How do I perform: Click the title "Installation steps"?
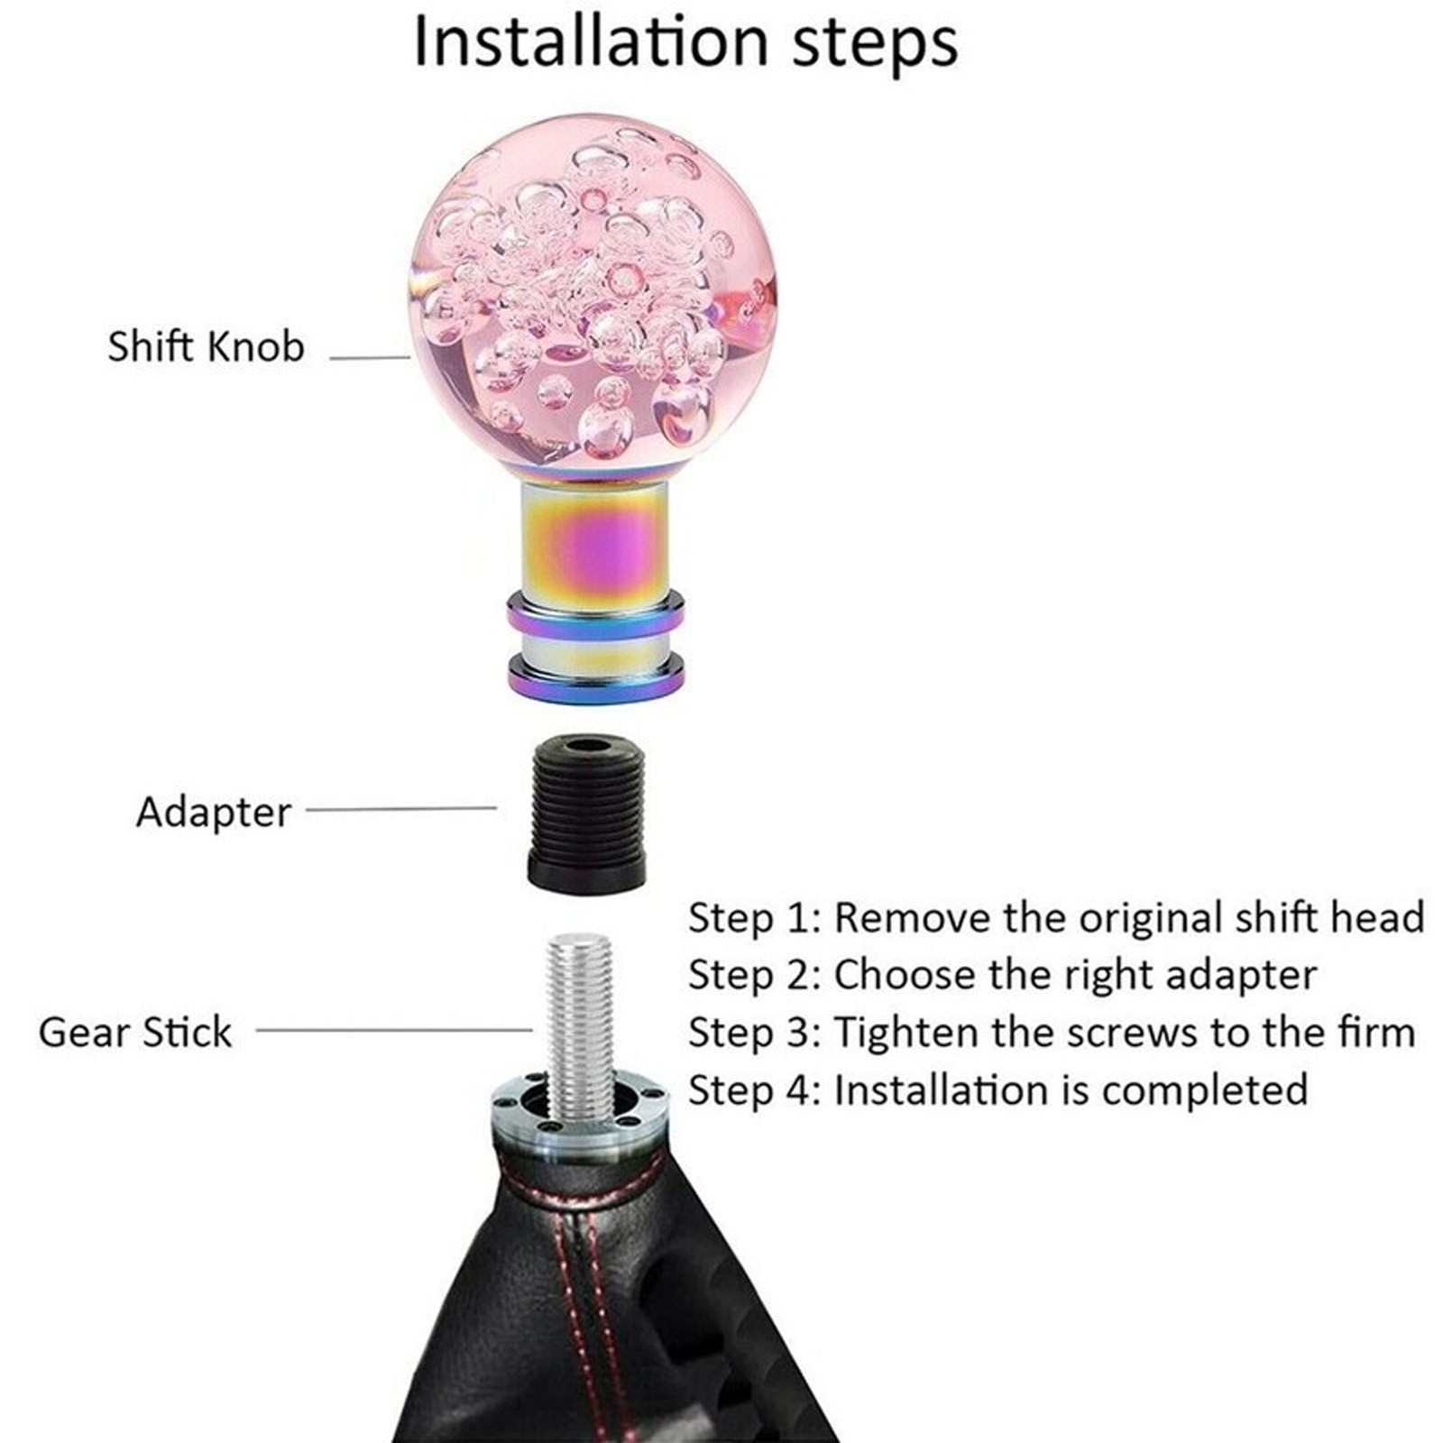click(x=685, y=42)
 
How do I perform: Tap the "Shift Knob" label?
click(x=207, y=346)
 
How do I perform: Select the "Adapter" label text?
click(x=214, y=813)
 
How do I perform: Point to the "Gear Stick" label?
click(x=135, y=1032)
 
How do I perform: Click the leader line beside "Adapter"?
click(x=401, y=808)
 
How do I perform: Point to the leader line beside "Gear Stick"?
click(x=394, y=1028)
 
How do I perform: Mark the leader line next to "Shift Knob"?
click(x=370, y=358)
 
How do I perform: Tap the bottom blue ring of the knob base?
click(x=594, y=676)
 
